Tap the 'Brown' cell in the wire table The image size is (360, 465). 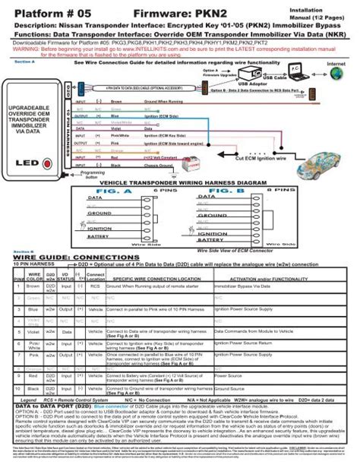tap(33, 288)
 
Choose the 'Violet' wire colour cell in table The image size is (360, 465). tap(33, 331)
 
